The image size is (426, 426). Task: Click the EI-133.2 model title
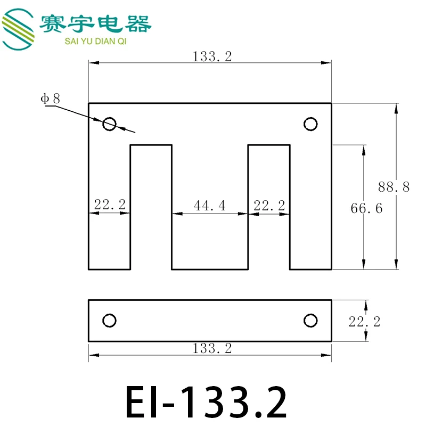click(x=206, y=402)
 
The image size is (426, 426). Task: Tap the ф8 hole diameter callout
click(x=50, y=99)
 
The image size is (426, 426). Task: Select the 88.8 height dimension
click(x=394, y=187)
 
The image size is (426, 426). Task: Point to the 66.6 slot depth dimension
click(x=366, y=208)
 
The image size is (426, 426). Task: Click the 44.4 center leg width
click(x=209, y=206)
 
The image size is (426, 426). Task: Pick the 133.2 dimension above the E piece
click(x=212, y=56)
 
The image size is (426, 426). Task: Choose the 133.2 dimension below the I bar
click(x=212, y=348)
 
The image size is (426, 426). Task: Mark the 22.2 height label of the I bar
click(x=365, y=322)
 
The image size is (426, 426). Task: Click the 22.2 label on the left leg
click(x=110, y=204)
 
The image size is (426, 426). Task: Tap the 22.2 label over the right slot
click(x=269, y=206)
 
